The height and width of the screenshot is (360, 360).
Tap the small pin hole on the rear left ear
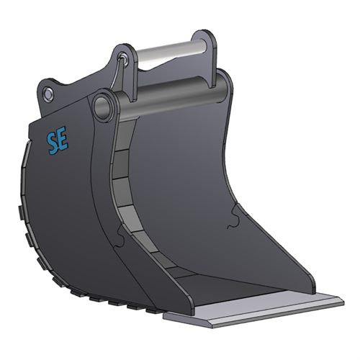tap(48, 94)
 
